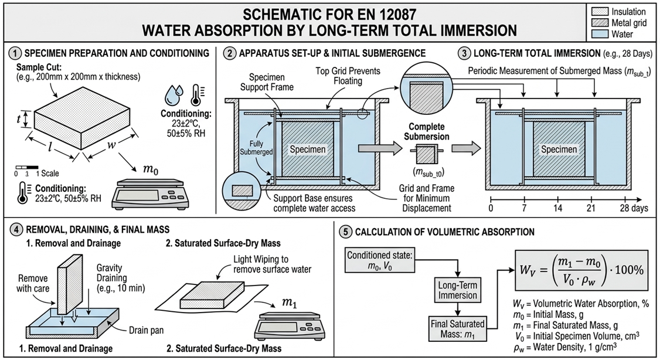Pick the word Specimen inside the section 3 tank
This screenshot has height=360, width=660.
[559, 149]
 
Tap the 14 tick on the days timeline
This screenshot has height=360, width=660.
[557, 208]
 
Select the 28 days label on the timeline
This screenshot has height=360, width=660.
[632, 208]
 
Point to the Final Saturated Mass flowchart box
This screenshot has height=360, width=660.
[457, 329]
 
